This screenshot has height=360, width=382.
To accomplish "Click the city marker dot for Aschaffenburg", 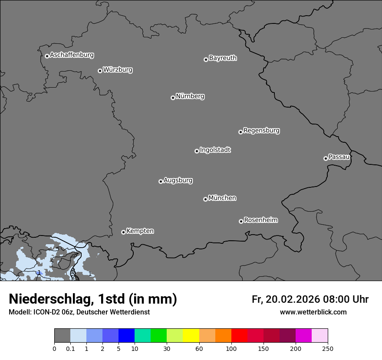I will click(x=47, y=56).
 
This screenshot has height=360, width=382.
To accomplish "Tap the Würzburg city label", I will click(x=118, y=70).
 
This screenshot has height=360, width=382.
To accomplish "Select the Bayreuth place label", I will click(x=223, y=58).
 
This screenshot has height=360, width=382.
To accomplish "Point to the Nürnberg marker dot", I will click(x=173, y=98).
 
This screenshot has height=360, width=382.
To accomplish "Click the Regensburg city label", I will click(x=261, y=131).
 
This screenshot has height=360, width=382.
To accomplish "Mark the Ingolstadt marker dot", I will click(x=197, y=151).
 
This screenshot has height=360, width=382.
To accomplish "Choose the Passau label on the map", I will click(x=339, y=157).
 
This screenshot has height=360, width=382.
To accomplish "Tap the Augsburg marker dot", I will click(x=161, y=181).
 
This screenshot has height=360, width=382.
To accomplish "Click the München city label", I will click(x=222, y=198).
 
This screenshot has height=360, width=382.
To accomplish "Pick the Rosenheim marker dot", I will click(x=241, y=221).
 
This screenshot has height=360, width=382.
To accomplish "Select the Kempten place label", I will click(x=140, y=231).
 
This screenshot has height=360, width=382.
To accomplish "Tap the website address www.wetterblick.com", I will click(x=313, y=312).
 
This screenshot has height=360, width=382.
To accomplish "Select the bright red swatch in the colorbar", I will click(x=239, y=336).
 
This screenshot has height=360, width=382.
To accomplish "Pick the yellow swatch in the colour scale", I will click(x=191, y=336).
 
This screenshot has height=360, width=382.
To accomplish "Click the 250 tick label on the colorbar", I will click(x=328, y=348).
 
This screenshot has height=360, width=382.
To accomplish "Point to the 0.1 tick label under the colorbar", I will click(x=70, y=348).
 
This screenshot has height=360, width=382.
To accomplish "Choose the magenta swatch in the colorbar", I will click(x=303, y=336).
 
